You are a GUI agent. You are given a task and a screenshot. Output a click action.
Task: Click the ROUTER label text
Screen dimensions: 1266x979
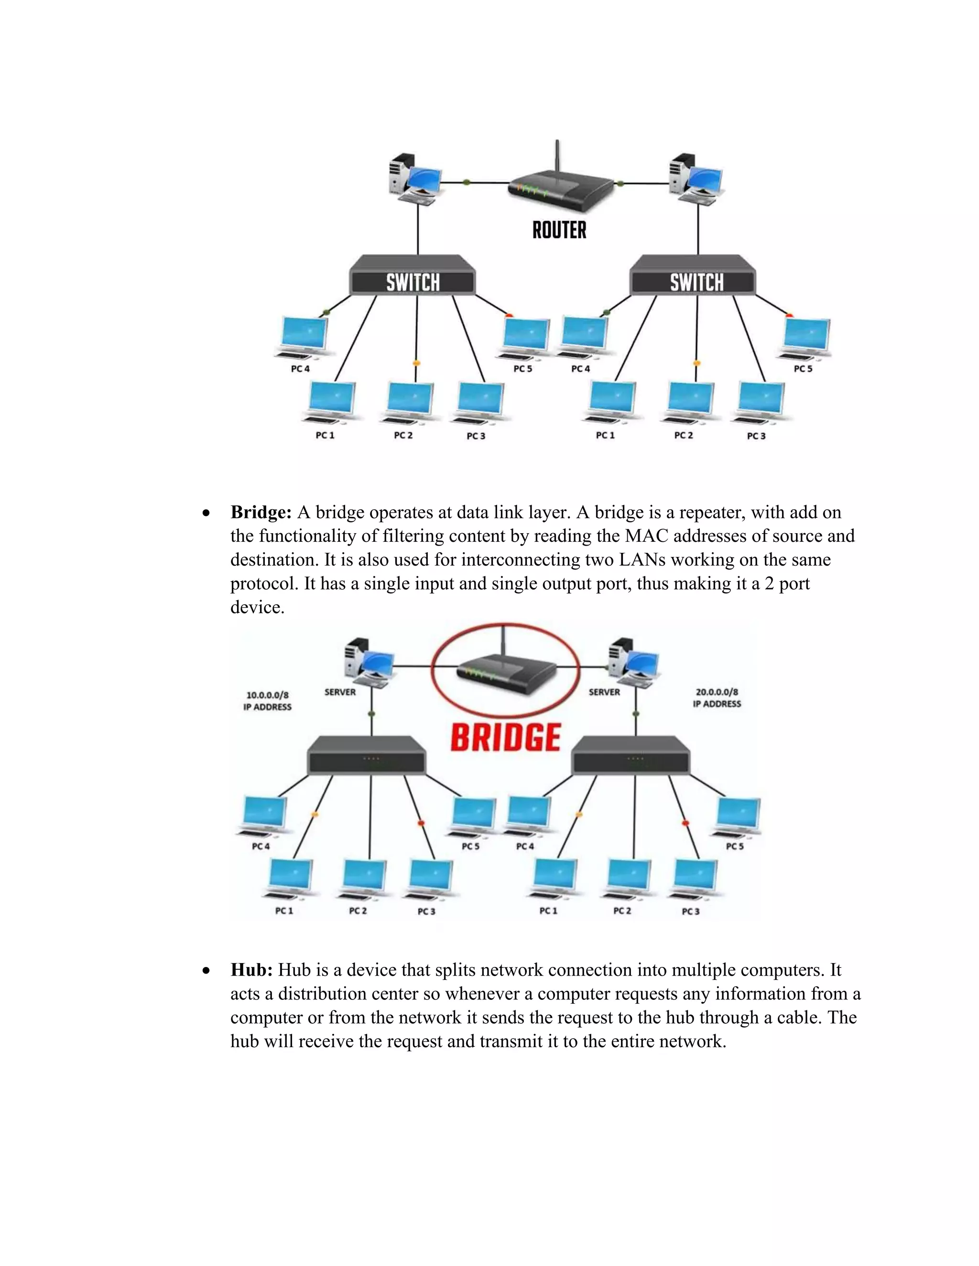click(x=559, y=230)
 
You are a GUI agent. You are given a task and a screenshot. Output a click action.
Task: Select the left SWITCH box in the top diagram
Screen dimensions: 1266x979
click(x=413, y=278)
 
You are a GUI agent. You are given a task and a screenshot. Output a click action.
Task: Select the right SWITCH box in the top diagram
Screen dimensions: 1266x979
click(x=693, y=278)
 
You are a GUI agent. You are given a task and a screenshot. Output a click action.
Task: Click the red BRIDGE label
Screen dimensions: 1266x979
click(x=505, y=737)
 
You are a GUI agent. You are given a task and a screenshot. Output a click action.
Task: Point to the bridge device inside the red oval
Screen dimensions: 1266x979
click(x=505, y=673)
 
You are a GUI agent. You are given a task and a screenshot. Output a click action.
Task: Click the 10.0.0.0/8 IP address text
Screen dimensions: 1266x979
click(x=267, y=695)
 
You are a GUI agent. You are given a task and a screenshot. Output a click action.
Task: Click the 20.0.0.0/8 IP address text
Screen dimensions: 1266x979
click(x=717, y=692)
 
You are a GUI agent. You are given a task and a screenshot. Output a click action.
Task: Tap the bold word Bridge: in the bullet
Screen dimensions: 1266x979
click(x=261, y=513)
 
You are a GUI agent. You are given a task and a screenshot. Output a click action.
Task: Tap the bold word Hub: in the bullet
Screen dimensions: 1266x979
click(x=252, y=970)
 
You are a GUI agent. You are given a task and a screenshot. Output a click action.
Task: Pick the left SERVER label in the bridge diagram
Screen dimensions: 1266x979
click(x=340, y=692)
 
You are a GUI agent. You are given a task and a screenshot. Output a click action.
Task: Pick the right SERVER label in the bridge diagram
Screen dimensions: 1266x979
click(x=604, y=692)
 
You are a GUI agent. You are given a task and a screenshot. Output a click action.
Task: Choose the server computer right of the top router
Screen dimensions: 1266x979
click(x=694, y=179)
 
